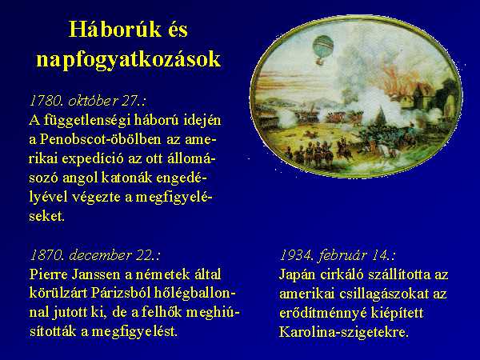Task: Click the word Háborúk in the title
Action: tap(114, 30)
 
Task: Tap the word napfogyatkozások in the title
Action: tap(128, 58)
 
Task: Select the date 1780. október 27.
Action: tap(87, 101)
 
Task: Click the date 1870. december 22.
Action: tap(95, 255)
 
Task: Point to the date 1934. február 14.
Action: tap(338, 255)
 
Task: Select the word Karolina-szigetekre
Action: tap(344, 333)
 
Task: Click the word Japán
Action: tap(297, 275)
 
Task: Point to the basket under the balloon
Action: tap(320, 62)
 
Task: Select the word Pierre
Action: tap(48, 274)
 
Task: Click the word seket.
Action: tap(47, 217)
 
